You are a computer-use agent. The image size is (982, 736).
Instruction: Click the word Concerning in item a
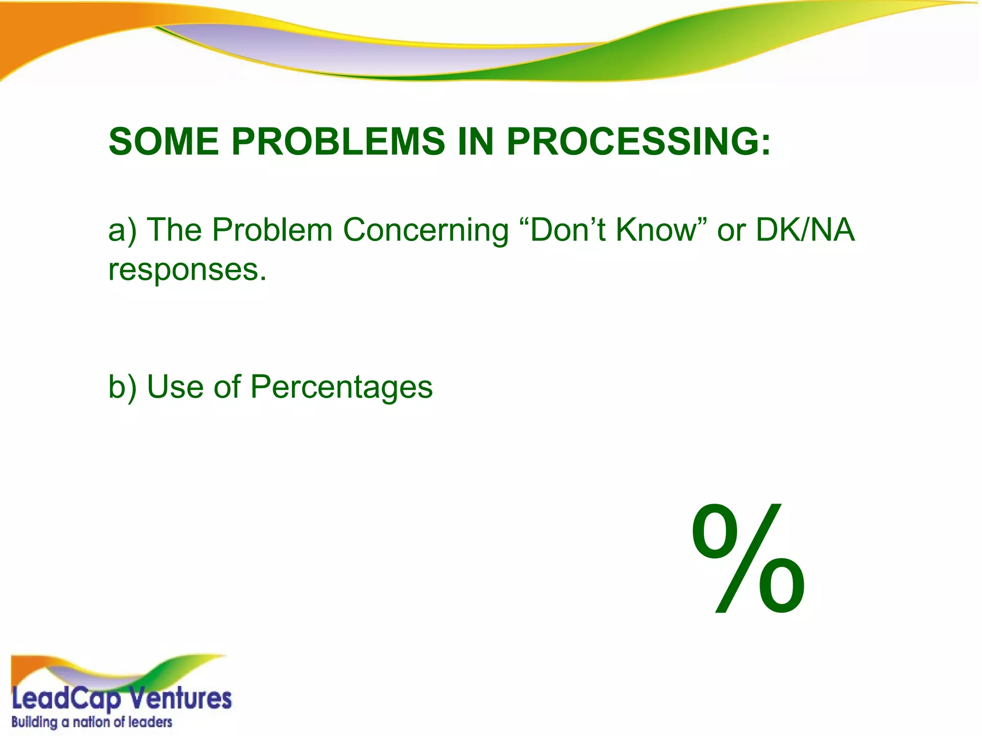click(426, 231)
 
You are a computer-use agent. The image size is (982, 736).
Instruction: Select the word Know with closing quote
click(661, 230)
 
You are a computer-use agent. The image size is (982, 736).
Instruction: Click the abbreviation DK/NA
click(805, 230)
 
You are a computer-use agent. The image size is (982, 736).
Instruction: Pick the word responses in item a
click(187, 271)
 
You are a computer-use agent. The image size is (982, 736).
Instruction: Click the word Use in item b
click(174, 387)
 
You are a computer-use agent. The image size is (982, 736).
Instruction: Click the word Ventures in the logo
click(180, 699)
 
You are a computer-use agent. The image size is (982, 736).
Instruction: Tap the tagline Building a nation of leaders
click(92, 722)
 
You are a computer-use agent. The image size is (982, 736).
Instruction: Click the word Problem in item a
click(272, 230)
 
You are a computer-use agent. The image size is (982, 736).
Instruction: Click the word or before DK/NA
click(731, 231)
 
